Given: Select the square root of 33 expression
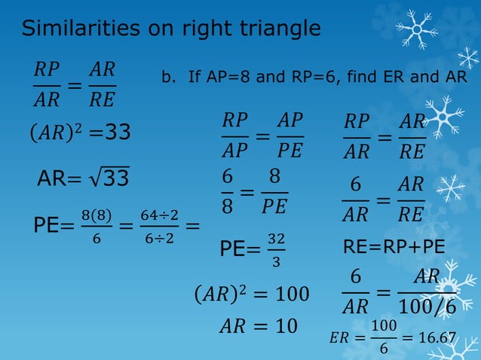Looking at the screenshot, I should (111, 178).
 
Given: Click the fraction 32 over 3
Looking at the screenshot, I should (276, 249).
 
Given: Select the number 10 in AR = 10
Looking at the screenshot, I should (286, 326).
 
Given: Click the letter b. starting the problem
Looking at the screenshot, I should (170, 78).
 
